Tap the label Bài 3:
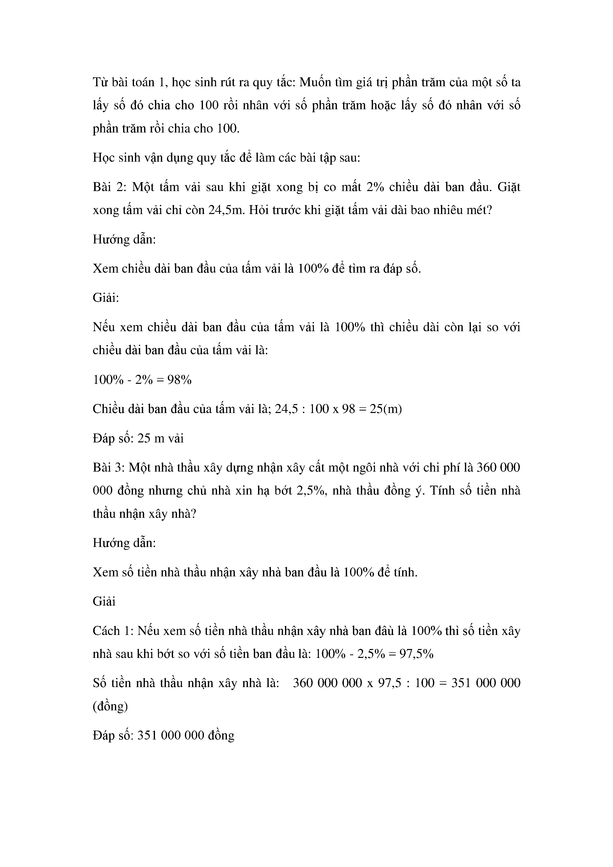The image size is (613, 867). [x=107, y=468]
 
